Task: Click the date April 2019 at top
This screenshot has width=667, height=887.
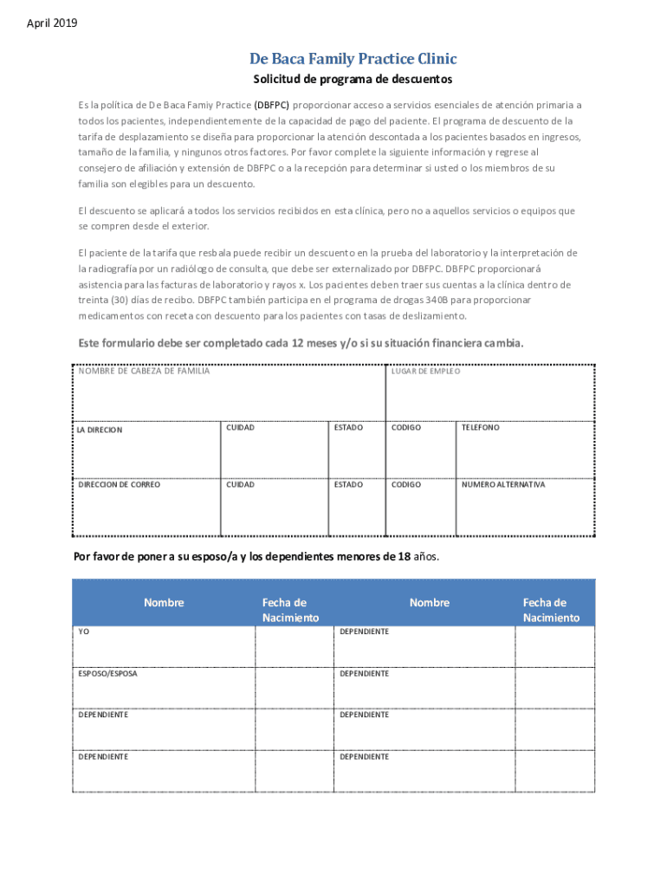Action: click(52, 23)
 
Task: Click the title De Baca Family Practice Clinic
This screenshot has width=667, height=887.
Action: click(353, 59)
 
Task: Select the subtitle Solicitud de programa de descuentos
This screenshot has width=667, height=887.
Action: click(353, 80)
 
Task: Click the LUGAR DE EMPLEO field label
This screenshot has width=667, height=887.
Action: click(425, 372)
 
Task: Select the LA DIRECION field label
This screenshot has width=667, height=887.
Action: click(100, 430)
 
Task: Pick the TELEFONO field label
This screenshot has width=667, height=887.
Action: click(480, 427)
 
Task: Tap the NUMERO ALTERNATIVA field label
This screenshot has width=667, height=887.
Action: click(503, 484)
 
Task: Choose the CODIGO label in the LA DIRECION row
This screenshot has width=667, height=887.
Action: click(405, 427)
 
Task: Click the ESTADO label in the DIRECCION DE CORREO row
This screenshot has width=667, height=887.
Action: click(348, 484)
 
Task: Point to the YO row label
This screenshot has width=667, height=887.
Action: click(84, 632)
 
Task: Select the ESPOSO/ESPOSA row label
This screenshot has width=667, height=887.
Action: click(107, 673)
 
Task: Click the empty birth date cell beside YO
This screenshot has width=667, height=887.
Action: click(294, 646)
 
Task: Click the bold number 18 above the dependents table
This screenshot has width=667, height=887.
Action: click(403, 557)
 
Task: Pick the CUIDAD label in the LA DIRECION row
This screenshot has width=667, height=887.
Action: click(240, 427)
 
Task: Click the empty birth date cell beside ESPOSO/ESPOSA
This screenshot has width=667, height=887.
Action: click(294, 688)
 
